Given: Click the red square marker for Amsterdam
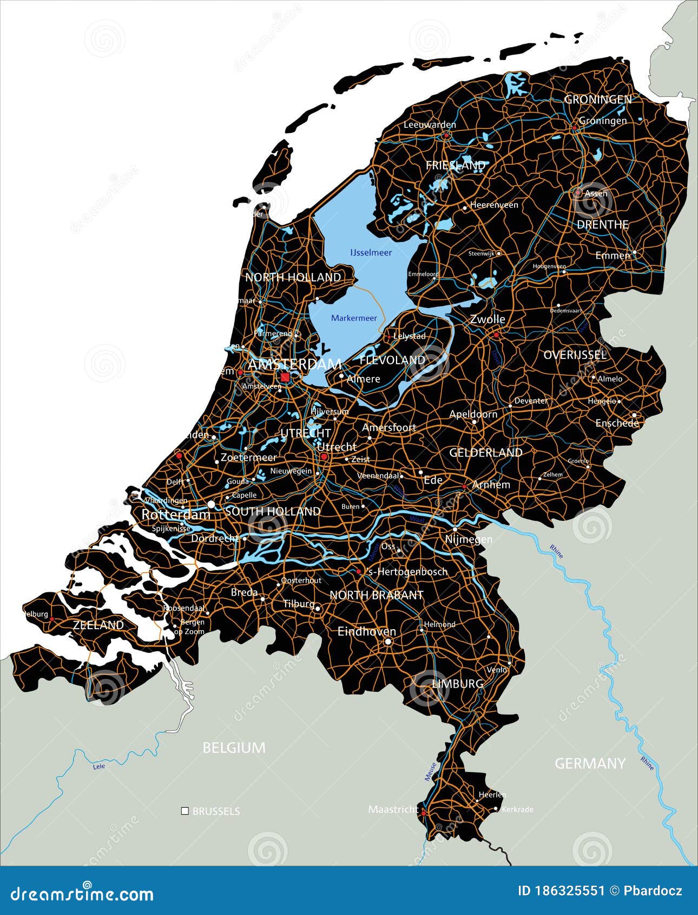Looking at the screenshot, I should click(285, 377).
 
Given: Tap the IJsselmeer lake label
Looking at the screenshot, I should click(371, 252).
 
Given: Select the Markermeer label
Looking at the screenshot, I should click(354, 318).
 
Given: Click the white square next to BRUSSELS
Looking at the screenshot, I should click(185, 811).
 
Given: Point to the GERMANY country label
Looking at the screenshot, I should click(590, 763).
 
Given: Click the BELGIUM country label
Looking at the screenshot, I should click(234, 748).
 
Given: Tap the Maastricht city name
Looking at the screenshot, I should click(393, 809).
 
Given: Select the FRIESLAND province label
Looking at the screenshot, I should click(455, 165).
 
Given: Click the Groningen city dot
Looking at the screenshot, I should click(574, 128).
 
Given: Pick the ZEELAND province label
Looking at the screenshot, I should click(98, 625).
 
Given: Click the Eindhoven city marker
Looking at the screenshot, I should click(388, 642).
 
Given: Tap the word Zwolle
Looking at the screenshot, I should click(487, 319).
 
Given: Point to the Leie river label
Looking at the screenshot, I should click(98, 766).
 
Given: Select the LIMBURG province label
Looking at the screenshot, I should click(458, 684).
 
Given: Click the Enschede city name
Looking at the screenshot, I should click(617, 423).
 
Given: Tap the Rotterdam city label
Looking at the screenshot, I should click(175, 514).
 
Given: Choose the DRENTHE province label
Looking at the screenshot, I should click(602, 224).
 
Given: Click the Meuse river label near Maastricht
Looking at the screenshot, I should click(430, 772).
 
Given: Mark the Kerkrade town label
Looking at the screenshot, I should click(517, 809).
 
